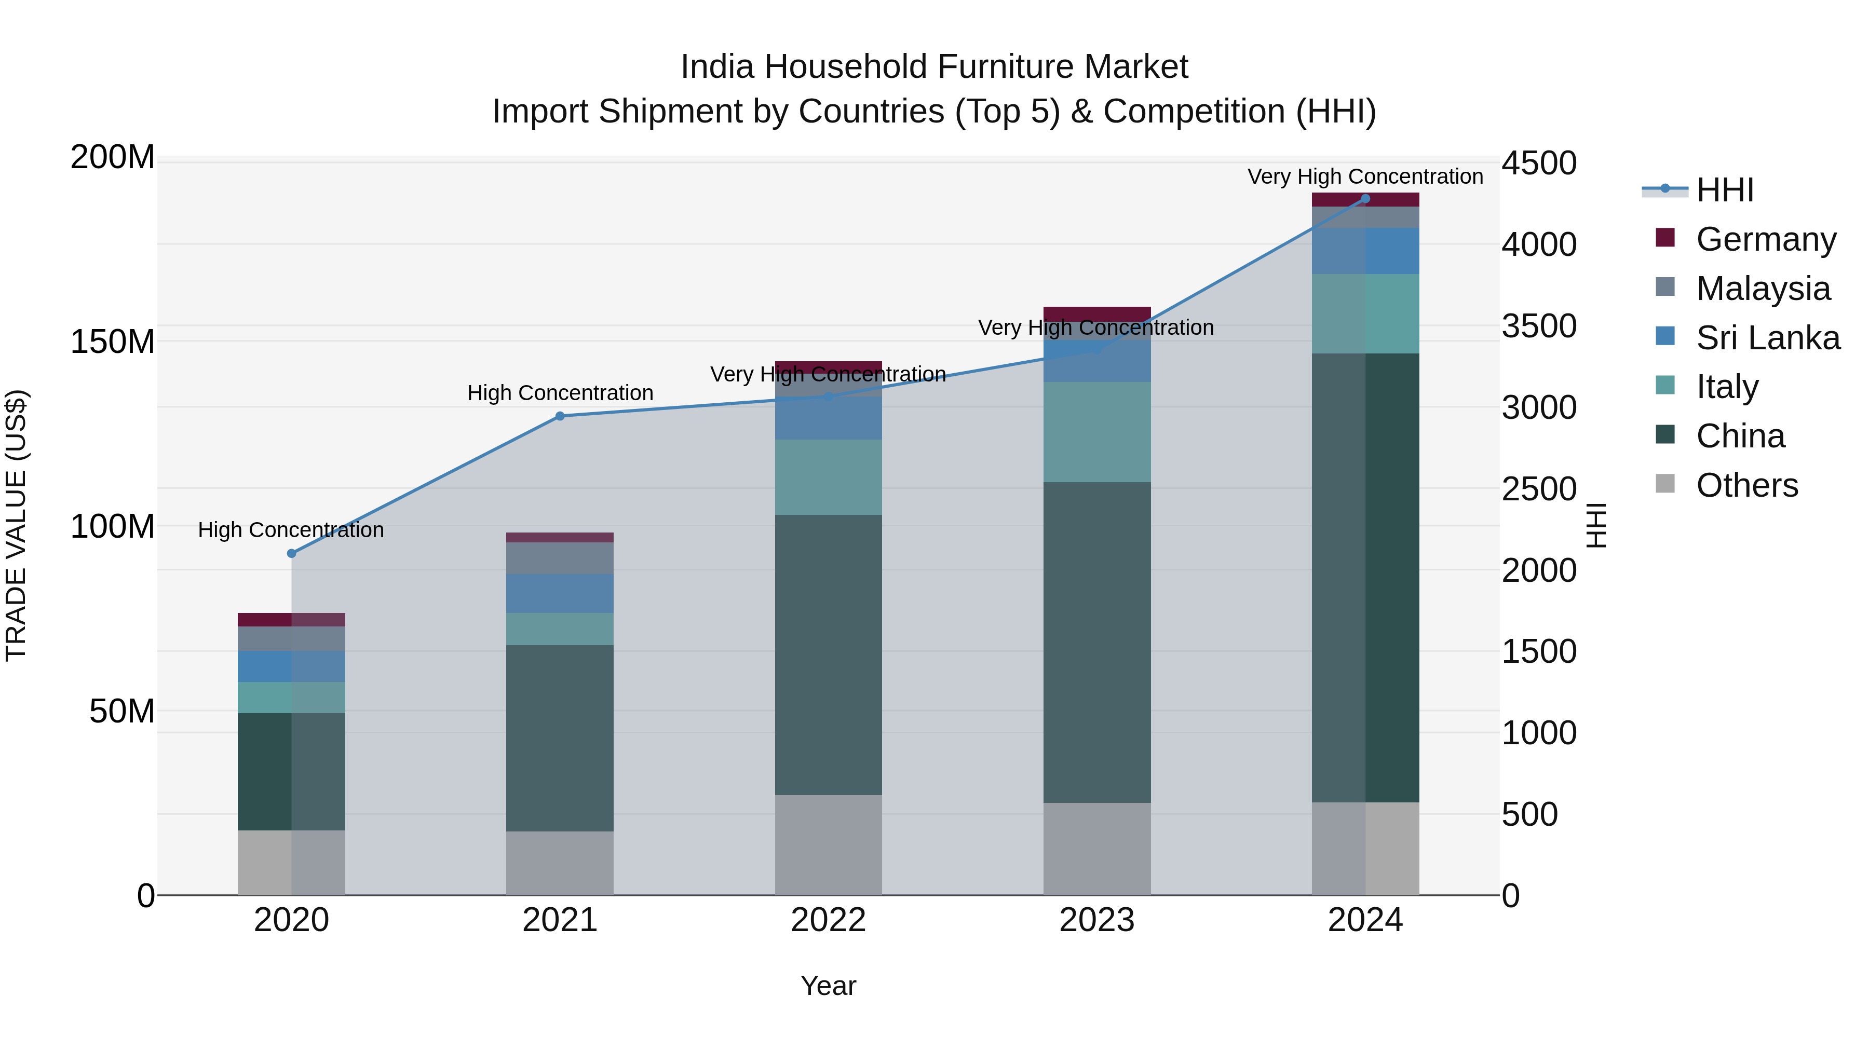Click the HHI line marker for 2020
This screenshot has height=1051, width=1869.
pyautogui.click(x=292, y=553)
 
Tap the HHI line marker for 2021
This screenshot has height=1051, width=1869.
pyautogui.click(x=559, y=416)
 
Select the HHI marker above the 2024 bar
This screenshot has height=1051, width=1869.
pyautogui.click(x=1365, y=199)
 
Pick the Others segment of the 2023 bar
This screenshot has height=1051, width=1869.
pyautogui.click(x=1096, y=849)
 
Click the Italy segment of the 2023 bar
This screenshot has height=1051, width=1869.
pyautogui.click(x=1096, y=432)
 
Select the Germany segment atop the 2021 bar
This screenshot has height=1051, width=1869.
pyautogui.click(x=559, y=538)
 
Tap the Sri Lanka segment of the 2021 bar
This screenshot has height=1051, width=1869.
pyautogui.click(x=559, y=593)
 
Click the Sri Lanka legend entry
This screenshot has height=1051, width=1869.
pyautogui.click(x=1767, y=337)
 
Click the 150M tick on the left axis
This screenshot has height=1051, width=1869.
pyautogui.click(x=113, y=342)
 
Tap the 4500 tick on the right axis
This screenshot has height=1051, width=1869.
pyautogui.click(x=1538, y=163)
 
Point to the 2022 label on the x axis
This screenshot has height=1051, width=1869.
pyautogui.click(x=828, y=920)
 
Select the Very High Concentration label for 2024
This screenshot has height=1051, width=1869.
pyautogui.click(x=1365, y=176)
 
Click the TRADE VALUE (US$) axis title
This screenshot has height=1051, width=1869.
pyautogui.click(x=16, y=525)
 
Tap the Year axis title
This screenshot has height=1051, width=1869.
pyautogui.click(x=828, y=986)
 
